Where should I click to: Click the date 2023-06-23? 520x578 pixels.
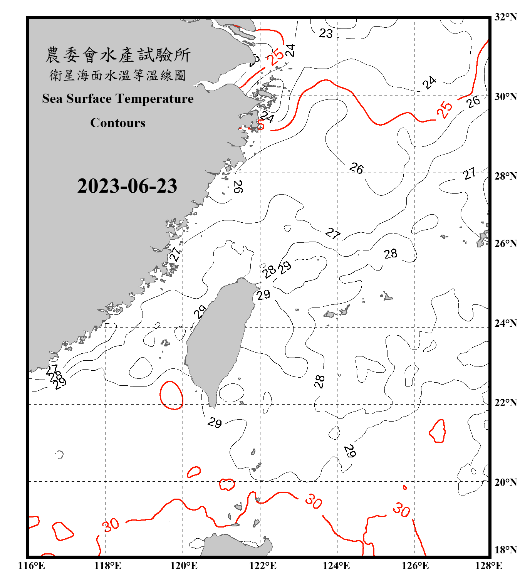coord(127,186)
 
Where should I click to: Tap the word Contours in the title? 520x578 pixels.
coord(118,123)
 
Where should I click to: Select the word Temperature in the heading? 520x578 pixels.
coord(153,99)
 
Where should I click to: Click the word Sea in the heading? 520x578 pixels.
coord(52,99)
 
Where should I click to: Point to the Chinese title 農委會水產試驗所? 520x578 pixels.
coord(118,55)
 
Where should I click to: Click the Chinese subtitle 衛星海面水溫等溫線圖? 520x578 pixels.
coord(118,76)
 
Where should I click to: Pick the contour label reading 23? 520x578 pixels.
coord(325,34)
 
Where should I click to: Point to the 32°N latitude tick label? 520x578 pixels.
coord(505,17)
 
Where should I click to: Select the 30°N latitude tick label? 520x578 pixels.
coord(505,97)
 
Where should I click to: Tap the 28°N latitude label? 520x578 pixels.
coord(505,176)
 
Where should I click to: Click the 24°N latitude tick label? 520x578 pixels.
coord(505,323)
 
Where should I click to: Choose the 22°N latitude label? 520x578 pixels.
coord(505,403)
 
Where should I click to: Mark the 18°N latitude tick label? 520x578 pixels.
coord(505,550)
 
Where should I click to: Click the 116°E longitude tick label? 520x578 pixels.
coord(32,566)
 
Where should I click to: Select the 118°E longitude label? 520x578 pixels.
coord(107,566)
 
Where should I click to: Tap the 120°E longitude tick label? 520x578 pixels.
coord(184,566)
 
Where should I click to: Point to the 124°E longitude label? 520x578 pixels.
coord(336,566)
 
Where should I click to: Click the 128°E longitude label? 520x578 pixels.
coord(488,566)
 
